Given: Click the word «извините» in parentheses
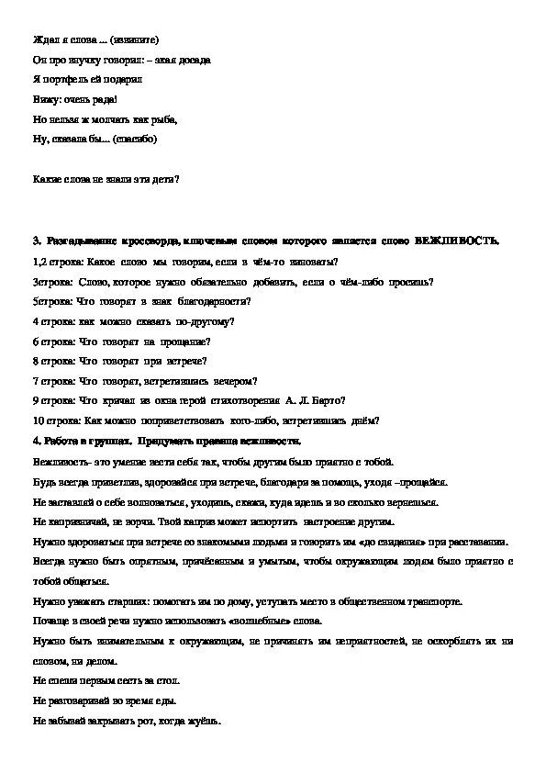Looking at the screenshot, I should pyautogui.click(x=138, y=40).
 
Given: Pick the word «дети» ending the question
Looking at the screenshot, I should pyautogui.click(x=165, y=179).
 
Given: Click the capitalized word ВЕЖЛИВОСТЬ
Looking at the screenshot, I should pyautogui.click(x=456, y=241).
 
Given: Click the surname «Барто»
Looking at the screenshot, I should pyautogui.click(x=328, y=400).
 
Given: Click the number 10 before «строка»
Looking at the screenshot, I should pyautogui.click(x=38, y=420).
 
